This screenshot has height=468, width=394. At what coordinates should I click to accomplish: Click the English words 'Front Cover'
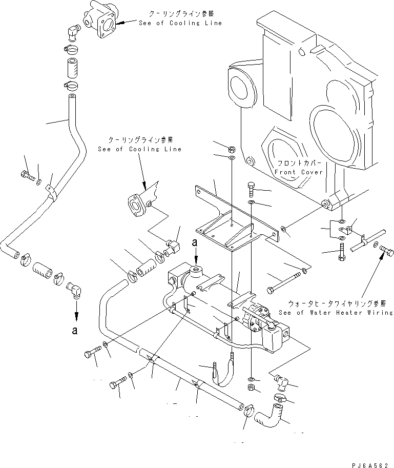(x=299, y=172)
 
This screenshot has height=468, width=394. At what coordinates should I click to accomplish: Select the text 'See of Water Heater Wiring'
(x=336, y=312)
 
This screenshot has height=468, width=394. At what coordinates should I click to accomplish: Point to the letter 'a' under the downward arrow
(x=75, y=331)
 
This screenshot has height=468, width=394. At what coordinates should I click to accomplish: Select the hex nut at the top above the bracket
(x=231, y=149)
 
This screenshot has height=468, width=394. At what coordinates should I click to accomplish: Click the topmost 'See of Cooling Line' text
(x=180, y=23)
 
